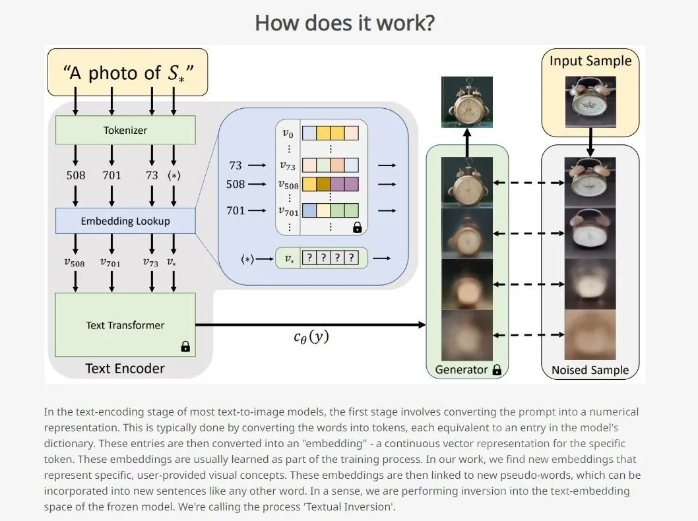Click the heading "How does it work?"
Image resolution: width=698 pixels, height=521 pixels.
tap(344, 23)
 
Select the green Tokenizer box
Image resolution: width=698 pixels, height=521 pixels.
tap(125, 130)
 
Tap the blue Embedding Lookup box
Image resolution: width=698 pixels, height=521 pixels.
tap(125, 221)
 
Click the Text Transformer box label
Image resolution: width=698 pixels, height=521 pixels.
tap(125, 325)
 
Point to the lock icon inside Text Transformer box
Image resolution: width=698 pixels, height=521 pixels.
tap(185, 346)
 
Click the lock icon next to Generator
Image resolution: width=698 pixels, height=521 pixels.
tap(497, 370)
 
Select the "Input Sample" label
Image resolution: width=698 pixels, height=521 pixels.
tap(590, 61)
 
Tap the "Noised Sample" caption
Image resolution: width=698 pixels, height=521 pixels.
tap(590, 370)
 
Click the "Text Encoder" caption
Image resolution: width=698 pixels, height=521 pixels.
tap(125, 368)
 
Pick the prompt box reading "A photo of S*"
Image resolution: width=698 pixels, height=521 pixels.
tap(127, 72)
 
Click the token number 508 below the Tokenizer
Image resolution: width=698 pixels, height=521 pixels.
tap(76, 175)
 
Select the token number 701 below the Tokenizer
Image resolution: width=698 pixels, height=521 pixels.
tap(111, 175)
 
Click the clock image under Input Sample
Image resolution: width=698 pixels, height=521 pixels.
tap(590, 101)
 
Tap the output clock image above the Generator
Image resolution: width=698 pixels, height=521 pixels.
tap(467, 102)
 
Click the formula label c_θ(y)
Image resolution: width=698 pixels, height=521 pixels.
tap(311, 337)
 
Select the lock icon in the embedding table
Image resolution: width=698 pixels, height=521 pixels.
tap(358, 228)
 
